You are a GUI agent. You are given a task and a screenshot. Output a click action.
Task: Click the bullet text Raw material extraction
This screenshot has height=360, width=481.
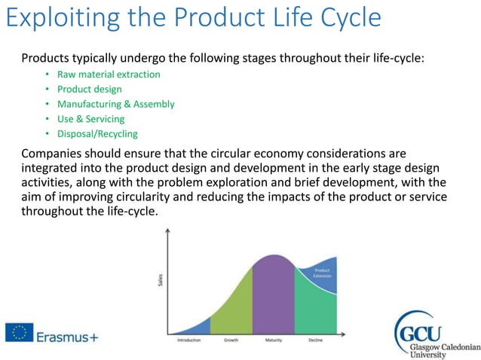pos(109,75)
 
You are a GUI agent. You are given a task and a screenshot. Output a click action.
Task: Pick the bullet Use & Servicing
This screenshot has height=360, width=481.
pos(90,119)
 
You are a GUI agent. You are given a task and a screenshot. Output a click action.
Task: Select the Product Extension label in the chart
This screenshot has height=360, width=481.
pos(322,273)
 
